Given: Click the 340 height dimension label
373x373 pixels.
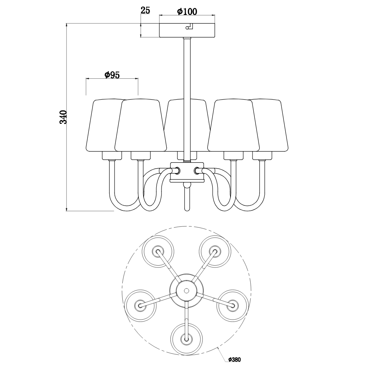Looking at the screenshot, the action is [x=63, y=117].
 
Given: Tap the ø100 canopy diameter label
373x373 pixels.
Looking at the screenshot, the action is [x=187, y=11].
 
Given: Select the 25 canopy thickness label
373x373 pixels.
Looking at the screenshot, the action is [x=145, y=10].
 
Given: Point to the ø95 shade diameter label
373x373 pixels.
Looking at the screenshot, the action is [x=112, y=75].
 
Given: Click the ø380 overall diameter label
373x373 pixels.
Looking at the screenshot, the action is [x=234, y=360].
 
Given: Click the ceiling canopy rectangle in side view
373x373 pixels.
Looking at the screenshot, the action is [x=187, y=30].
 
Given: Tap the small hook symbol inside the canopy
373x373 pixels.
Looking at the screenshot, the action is [x=189, y=26].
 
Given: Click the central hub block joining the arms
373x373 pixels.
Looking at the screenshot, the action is [x=187, y=172].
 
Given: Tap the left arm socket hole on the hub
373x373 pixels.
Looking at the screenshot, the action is [x=177, y=170].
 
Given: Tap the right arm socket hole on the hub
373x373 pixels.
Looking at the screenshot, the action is [x=197, y=170].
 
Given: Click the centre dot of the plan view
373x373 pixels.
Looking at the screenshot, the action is [x=187, y=291].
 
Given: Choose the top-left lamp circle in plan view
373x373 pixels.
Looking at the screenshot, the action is [x=158, y=251].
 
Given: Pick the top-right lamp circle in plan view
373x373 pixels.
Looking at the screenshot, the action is [x=215, y=251].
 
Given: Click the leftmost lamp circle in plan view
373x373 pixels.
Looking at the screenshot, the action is [x=140, y=305].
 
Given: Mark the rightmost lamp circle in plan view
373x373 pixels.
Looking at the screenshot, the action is [x=232, y=305].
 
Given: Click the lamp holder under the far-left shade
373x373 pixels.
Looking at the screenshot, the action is [x=112, y=156].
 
